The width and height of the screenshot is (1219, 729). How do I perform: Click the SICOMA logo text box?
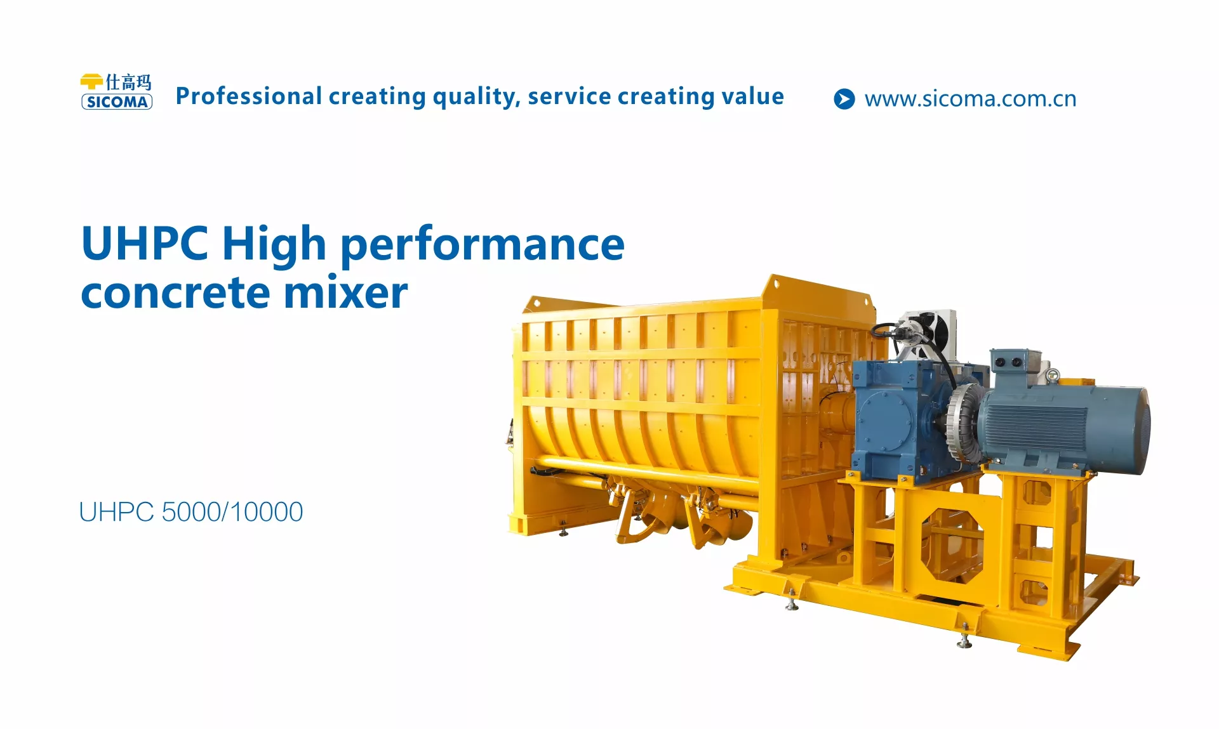point(117,102)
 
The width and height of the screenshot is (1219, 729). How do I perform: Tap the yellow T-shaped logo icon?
point(92,82)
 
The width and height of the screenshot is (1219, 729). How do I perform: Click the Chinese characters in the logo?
point(128,82)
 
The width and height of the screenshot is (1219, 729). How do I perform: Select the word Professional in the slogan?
point(249,96)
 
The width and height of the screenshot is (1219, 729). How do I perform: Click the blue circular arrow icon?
point(844,99)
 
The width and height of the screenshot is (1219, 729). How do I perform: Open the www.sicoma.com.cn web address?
point(970,99)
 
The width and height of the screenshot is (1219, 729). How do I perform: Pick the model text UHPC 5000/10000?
point(191,512)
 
